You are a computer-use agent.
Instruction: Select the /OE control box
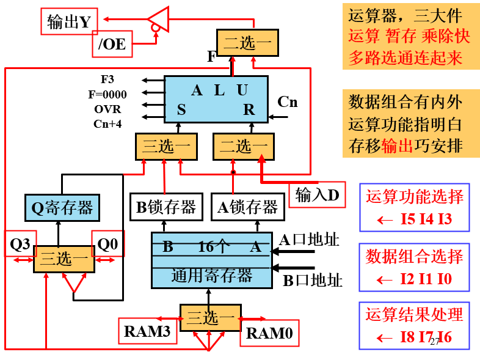click(112, 44)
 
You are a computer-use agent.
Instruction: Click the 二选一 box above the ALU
click(247, 43)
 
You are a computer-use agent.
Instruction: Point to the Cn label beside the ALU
click(287, 102)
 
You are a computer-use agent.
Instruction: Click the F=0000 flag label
click(107, 94)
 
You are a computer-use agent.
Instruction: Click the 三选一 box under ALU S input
click(166, 147)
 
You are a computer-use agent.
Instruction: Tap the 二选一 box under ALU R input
click(243, 147)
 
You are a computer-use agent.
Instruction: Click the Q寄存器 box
click(62, 208)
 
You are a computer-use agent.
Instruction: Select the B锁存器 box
click(165, 207)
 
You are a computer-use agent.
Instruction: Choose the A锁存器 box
click(247, 207)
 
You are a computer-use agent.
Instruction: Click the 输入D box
click(316, 195)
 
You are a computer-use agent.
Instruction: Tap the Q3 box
click(20, 244)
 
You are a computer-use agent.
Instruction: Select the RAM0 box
click(269, 333)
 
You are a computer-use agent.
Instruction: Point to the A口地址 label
click(309, 240)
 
